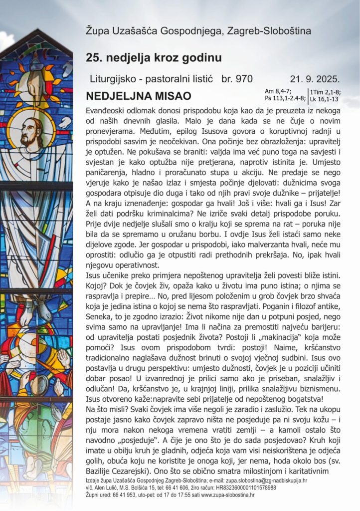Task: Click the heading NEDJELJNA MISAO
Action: (131, 95)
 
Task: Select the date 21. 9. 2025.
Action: (315, 79)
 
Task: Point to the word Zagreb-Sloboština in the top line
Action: (269, 31)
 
